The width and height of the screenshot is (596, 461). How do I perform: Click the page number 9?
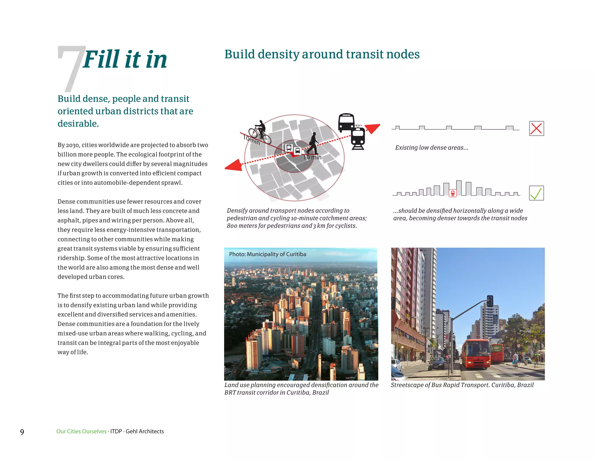coord(22,432)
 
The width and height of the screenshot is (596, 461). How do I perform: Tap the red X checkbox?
coord(536,129)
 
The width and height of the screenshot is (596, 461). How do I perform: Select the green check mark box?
coord(536,193)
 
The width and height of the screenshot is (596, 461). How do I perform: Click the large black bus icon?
coord(346,122)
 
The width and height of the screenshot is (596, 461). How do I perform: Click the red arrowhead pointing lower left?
coord(234,166)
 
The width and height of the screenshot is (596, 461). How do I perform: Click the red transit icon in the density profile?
coord(453,193)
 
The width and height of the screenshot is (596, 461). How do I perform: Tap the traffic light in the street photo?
coord(490,301)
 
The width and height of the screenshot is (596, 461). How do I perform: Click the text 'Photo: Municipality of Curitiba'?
coord(267,254)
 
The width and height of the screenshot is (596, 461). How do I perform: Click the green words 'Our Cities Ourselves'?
coord(81,431)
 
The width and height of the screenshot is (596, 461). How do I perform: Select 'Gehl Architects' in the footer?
coord(145,431)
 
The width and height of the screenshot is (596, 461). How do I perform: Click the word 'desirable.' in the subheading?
coord(78,124)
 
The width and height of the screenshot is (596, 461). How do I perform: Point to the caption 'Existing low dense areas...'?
coord(432,148)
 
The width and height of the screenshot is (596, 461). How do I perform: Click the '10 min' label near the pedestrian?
coord(312,157)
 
